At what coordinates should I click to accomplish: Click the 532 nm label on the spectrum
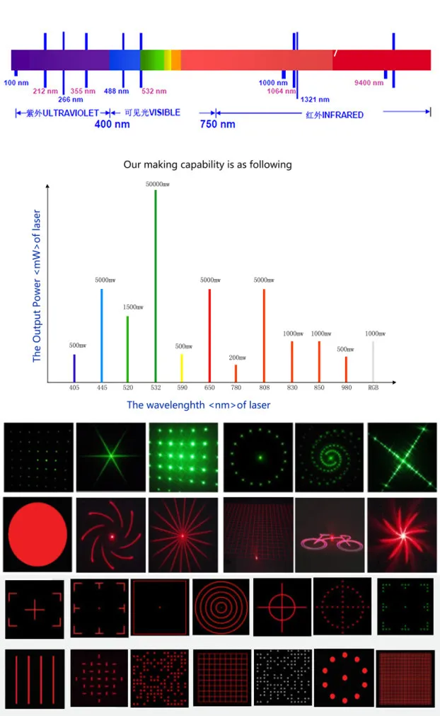154,91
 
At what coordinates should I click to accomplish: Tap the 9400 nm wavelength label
369,83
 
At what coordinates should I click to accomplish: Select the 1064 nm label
281,91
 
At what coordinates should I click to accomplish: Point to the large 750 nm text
217,124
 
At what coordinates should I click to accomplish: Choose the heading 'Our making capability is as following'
207,164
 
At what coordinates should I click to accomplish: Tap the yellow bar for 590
182,368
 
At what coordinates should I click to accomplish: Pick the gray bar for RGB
374,361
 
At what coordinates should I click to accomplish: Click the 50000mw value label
158,183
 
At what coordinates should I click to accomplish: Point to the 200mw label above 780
237,358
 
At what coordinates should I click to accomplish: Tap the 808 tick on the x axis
265,388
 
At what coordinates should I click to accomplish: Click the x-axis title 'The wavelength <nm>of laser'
198,405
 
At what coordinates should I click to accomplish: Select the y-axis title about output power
37,286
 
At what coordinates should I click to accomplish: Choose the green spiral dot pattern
329,457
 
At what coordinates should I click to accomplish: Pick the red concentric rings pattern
221,606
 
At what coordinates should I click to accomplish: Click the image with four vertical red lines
35,678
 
